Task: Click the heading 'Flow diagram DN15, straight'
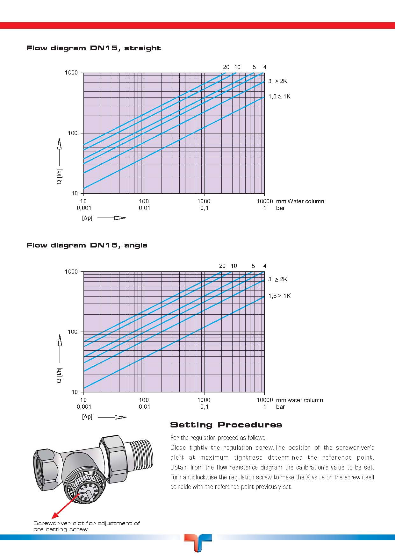[94, 48]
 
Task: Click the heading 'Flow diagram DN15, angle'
[87, 245]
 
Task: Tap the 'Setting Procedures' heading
[226, 425]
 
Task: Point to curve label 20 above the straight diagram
[226, 67]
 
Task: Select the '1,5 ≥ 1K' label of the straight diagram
[279, 97]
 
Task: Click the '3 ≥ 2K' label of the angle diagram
[277, 279]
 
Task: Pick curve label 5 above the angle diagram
[253, 266]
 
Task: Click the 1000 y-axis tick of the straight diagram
[71, 73]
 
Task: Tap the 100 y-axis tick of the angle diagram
[73, 332]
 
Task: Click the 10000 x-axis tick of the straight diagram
[265, 201]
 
